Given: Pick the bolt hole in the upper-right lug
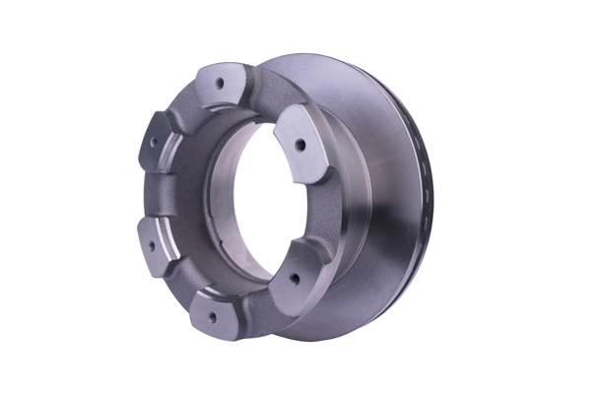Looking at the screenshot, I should (x=298, y=145).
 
